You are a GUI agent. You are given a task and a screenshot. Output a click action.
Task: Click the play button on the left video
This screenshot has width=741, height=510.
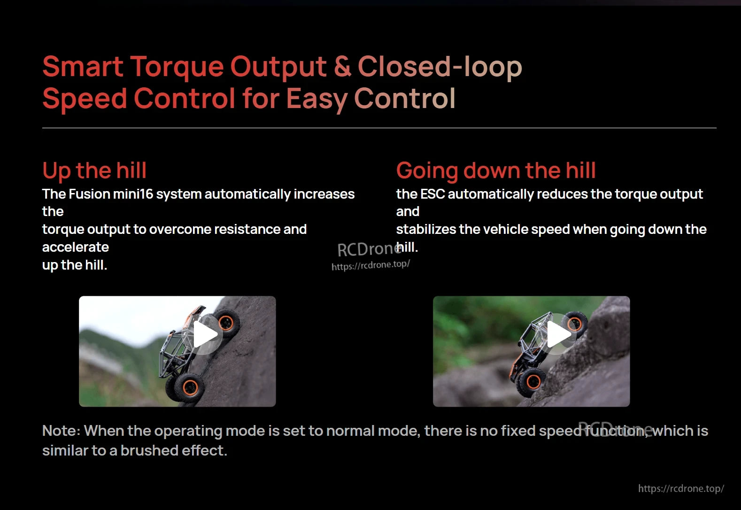[x=206, y=334]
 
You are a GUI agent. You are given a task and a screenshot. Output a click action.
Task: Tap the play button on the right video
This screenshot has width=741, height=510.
[x=559, y=334]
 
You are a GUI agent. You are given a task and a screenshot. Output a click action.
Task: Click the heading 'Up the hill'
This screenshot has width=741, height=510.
[x=94, y=170]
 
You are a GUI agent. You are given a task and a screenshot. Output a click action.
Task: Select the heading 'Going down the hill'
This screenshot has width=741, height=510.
[x=496, y=170]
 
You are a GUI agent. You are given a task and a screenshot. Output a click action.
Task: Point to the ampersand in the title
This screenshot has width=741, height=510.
[x=342, y=67]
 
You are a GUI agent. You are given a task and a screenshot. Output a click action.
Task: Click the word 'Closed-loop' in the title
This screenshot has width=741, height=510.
[x=440, y=67]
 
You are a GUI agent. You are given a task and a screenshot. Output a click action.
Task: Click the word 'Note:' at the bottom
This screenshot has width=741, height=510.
[x=61, y=431]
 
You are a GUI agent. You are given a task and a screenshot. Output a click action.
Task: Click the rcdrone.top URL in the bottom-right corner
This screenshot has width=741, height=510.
[x=680, y=489]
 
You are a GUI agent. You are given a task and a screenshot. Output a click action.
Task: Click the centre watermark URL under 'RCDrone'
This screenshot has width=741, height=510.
[x=370, y=265]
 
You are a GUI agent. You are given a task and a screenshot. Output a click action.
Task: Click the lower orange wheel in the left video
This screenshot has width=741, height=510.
[x=190, y=387]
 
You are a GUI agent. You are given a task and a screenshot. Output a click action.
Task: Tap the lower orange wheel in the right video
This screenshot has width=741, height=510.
[x=533, y=381]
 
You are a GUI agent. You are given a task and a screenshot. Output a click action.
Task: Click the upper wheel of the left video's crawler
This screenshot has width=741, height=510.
[x=226, y=323]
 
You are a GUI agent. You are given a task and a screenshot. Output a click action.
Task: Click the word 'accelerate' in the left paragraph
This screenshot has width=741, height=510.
[x=76, y=247]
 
